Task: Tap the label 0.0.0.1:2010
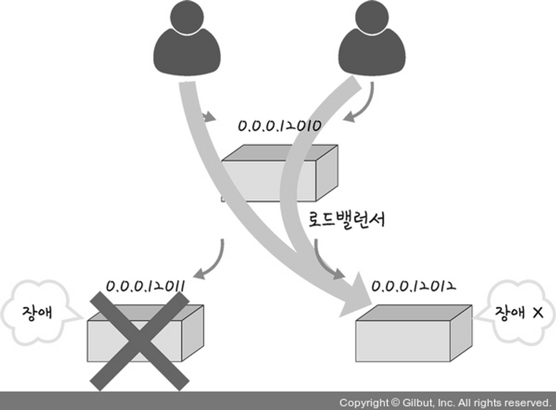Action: tap(279, 125)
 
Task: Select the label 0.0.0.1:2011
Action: tap(145, 285)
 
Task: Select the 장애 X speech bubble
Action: tap(518, 312)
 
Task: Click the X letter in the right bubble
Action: tap(536, 312)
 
